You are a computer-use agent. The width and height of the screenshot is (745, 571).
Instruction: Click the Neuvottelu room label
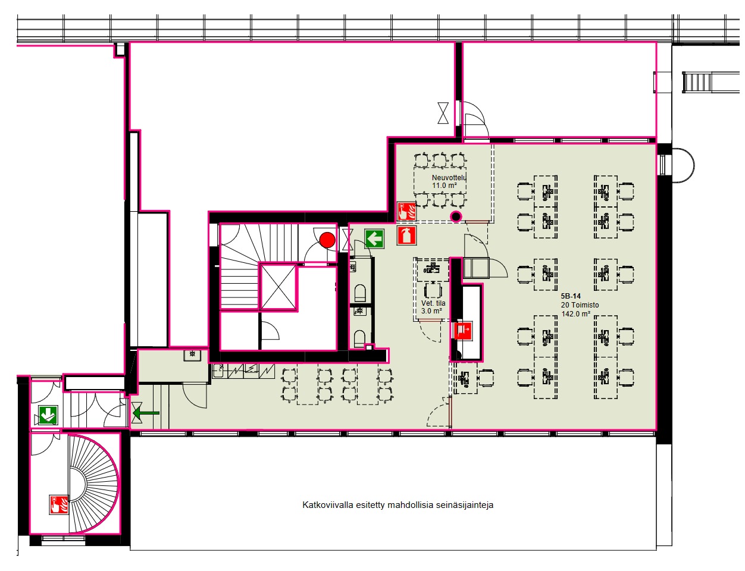click(449, 177)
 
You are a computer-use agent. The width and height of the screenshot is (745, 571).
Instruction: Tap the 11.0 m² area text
click(445, 186)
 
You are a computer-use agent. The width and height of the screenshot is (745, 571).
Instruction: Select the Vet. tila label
click(433, 303)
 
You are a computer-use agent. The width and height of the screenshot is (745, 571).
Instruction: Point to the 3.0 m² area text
click(431, 311)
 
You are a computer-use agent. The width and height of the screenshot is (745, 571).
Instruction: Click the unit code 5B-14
click(571, 296)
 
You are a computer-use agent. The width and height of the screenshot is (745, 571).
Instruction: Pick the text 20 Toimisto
click(580, 305)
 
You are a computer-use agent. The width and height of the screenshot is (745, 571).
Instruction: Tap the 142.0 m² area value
click(575, 313)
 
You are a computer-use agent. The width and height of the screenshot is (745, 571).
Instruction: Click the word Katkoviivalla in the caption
click(327, 505)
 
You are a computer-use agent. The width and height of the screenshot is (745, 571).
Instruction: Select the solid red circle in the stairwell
click(327, 240)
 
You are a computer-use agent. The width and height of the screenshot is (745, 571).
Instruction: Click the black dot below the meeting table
click(456, 216)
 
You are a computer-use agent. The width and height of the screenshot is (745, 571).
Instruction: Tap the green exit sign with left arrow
click(374, 239)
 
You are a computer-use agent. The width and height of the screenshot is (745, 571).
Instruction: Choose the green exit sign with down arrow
click(48, 415)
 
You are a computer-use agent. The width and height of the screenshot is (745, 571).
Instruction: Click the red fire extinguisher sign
click(406, 236)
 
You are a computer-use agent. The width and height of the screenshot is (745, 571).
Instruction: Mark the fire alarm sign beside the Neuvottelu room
click(406, 211)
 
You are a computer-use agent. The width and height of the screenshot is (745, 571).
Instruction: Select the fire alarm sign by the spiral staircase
click(59, 504)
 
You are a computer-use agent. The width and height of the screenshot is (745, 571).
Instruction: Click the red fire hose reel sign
click(463, 330)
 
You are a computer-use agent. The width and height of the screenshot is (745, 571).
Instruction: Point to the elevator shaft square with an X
click(278, 287)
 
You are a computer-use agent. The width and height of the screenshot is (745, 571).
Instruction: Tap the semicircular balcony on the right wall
click(683, 165)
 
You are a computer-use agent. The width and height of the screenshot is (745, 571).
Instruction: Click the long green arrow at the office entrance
click(146, 413)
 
